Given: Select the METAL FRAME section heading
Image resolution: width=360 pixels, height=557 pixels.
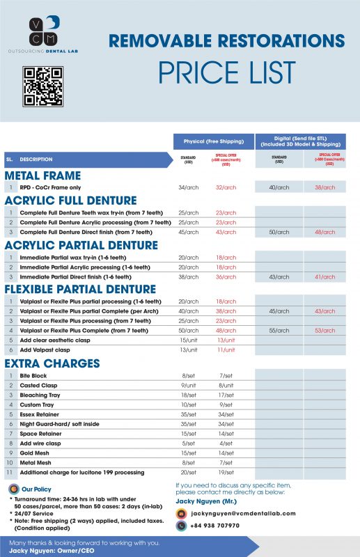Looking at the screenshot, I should [x=43, y=175].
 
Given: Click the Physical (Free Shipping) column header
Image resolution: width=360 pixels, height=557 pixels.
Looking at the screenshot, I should [x=213, y=141].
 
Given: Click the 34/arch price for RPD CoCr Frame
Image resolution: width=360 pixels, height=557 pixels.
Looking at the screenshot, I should [x=189, y=187].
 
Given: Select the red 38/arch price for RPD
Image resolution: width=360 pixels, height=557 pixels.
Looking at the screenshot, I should [x=324, y=187].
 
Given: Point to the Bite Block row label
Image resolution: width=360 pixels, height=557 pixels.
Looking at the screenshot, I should [x=33, y=375].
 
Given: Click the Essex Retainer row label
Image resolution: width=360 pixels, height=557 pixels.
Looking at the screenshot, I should [x=40, y=414].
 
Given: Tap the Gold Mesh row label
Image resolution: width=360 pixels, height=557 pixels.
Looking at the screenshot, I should [x=35, y=452].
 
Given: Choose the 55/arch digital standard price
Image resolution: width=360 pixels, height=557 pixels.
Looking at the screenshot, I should [x=279, y=330].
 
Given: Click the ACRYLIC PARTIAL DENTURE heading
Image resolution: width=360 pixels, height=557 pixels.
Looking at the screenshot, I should [x=81, y=244].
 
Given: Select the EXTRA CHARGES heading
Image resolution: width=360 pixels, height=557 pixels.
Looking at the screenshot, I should [x=52, y=363].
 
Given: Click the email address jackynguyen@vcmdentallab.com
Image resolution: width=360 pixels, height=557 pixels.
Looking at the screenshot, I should [x=243, y=513].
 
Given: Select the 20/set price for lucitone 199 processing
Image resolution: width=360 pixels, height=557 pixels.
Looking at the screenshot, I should [x=188, y=471].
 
